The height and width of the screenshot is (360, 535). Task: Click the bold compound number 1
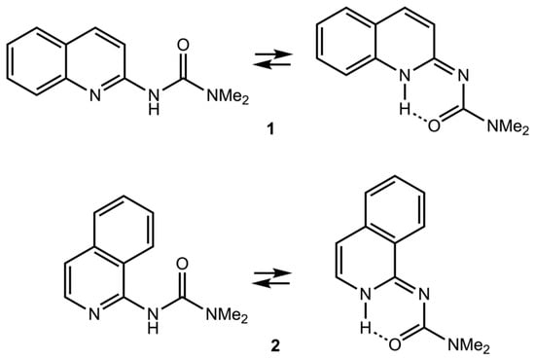(270, 130)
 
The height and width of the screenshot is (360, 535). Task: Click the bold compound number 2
(275, 346)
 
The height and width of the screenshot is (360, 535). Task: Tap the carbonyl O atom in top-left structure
(183, 46)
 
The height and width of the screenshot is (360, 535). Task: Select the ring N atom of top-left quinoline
(95, 95)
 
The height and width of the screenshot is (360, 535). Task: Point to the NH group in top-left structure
(154, 102)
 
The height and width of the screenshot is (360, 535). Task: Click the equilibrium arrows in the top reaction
(273, 59)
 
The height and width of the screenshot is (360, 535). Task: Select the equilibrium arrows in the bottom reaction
(272, 278)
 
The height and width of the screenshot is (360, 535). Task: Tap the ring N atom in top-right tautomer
(405, 76)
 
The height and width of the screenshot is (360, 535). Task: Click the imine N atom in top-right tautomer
(463, 76)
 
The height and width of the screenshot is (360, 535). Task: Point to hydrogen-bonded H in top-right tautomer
(405, 110)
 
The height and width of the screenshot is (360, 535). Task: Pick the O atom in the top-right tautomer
(434, 126)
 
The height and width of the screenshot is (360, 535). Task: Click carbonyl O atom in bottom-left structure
(183, 265)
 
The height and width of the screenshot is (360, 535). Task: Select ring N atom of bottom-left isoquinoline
(94, 314)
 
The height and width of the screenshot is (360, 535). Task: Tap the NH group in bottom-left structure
(153, 320)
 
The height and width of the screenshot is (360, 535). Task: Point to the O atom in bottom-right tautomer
(394, 344)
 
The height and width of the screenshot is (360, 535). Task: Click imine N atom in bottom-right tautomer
(424, 294)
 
